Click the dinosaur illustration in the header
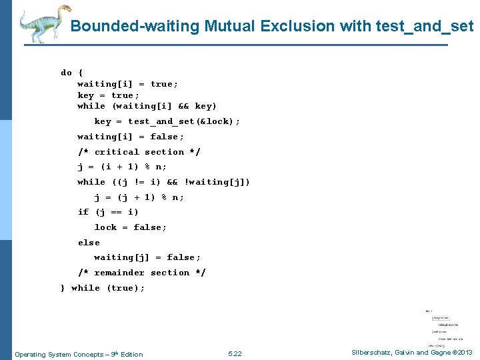click(x=44, y=23)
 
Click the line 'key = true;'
click(x=108, y=95)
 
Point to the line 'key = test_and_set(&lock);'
click(x=167, y=121)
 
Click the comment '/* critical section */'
click(x=139, y=152)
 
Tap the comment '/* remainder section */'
click(x=141, y=273)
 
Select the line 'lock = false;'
click(x=131, y=227)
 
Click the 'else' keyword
click(x=89, y=243)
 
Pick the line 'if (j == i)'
click(x=108, y=212)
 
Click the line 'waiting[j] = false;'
click(x=147, y=257)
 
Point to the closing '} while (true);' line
click(x=103, y=288)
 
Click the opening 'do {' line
click(x=72, y=72)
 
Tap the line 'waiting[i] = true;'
click(x=127, y=83)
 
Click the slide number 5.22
click(x=235, y=354)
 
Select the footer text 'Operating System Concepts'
click(x=60, y=354)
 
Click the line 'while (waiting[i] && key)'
click(x=147, y=106)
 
